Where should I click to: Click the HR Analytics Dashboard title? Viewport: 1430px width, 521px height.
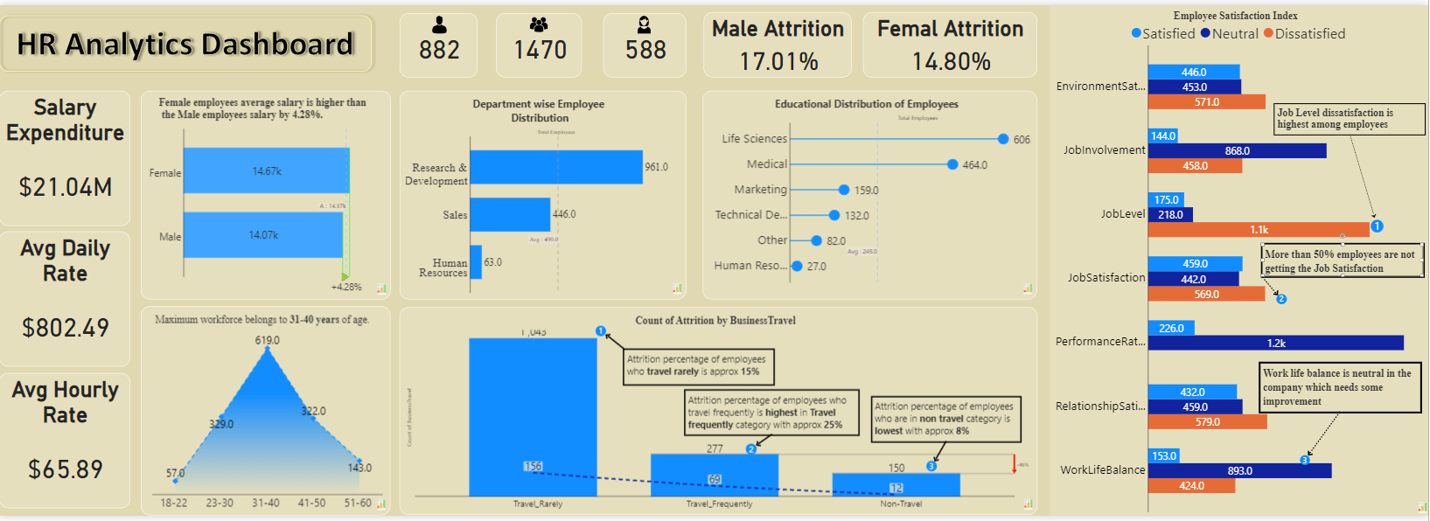click(x=185, y=45)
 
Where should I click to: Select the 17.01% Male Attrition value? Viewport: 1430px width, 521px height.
click(x=778, y=62)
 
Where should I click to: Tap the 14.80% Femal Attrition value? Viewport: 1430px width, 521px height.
click(x=951, y=62)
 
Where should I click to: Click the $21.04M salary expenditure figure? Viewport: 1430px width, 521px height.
click(x=66, y=187)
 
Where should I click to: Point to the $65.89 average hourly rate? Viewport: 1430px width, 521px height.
click(x=66, y=469)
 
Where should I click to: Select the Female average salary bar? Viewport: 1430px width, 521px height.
click(x=266, y=170)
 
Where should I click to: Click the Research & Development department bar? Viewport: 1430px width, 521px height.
click(x=556, y=167)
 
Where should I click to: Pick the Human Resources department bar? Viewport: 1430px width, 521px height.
click(x=476, y=262)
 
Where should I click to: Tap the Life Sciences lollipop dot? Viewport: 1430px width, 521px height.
click(x=1003, y=139)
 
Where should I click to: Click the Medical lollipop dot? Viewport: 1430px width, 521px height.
click(x=952, y=164)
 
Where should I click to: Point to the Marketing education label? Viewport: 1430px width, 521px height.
click(x=760, y=190)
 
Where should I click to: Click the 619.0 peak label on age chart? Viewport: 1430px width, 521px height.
click(x=268, y=340)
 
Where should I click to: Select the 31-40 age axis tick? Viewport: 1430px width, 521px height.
click(x=266, y=504)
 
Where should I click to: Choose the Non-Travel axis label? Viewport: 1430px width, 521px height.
click(x=901, y=504)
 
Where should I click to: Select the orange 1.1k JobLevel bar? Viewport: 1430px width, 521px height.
click(x=1259, y=230)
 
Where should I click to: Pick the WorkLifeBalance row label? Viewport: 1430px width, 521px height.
click(x=1102, y=470)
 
